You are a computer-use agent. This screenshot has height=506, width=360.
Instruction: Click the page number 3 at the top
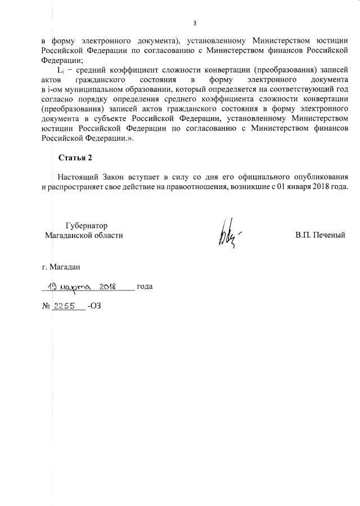[195, 24]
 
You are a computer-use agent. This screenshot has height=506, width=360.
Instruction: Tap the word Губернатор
[86, 225]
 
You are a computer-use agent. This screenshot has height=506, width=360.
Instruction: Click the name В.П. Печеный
[319, 235]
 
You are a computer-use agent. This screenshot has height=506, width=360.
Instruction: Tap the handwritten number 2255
[66, 306]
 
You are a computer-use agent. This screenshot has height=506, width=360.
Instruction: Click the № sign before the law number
[46, 306]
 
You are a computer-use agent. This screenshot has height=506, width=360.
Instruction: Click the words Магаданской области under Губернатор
[84, 235]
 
